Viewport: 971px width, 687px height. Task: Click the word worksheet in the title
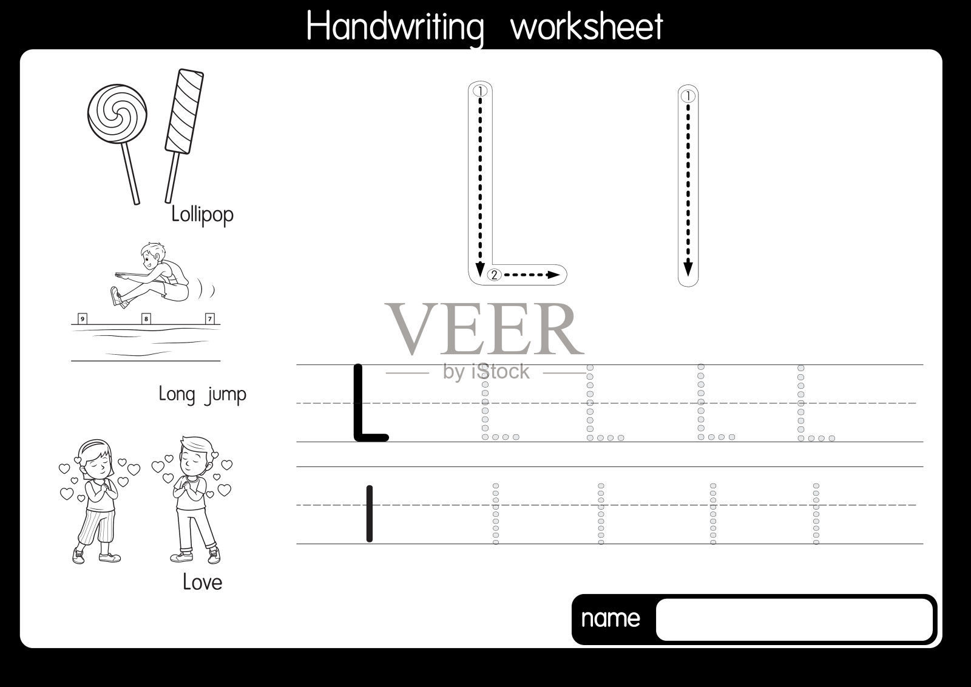pos(587,26)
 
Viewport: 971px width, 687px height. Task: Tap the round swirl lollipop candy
pos(117,114)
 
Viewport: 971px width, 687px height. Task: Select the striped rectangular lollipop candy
pos(184,111)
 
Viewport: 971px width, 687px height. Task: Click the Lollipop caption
pos(203,214)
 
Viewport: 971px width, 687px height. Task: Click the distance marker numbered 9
pos(83,319)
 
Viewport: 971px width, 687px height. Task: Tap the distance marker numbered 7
pos(210,319)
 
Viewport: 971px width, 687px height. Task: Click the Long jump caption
pos(203,394)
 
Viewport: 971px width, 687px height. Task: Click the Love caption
pos(203,582)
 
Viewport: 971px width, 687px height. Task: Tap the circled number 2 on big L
pos(494,275)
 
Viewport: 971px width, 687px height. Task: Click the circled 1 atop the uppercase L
pos(480,91)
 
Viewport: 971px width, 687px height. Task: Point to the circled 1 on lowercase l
pos(688,95)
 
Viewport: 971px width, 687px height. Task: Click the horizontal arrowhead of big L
pos(553,275)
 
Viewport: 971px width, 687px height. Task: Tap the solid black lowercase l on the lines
pos(370,513)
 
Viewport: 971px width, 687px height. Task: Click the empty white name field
pos(794,620)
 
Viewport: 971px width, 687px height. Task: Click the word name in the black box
pos(611,618)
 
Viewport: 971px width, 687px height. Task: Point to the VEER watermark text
pos(484,329)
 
